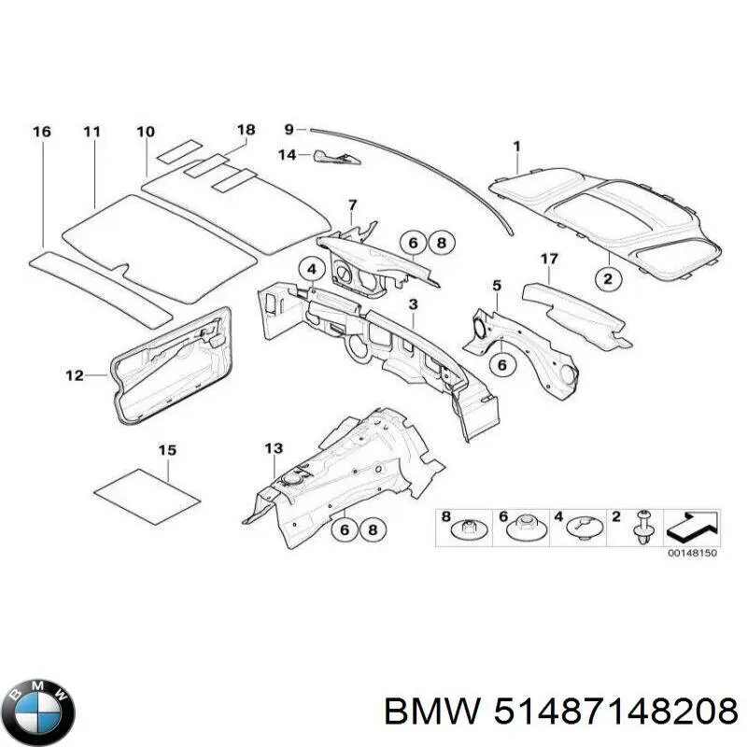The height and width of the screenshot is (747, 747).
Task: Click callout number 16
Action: pos(41,132)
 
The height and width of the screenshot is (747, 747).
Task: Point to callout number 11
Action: pos(91,132)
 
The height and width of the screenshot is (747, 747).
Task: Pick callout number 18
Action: pos(246,130)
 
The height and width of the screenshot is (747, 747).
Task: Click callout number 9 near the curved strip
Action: pos(289,129)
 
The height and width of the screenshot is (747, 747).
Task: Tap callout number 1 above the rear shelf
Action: pos(516,146)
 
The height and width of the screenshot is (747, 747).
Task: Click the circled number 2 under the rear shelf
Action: pos(608,276)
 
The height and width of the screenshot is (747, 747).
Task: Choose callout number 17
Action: pos(549,258)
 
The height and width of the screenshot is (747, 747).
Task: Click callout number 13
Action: pos(273,449)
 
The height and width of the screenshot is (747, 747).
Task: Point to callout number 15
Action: pos(166,451)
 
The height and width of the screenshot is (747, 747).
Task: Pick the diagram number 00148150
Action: pos(693,554)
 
